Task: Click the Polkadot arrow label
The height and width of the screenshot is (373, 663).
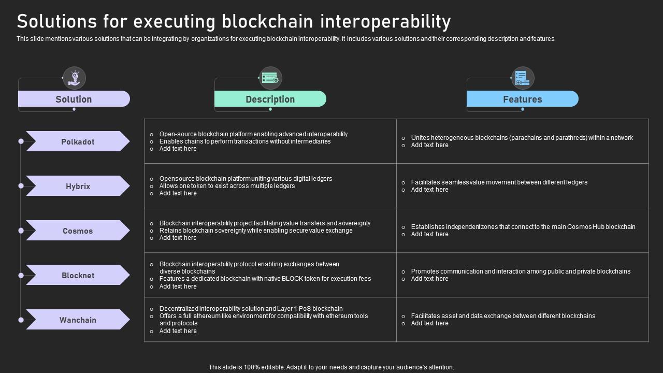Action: [x=78, y=141]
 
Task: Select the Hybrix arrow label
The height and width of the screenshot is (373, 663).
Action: [x=78, y=186]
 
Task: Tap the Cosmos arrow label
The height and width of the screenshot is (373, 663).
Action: [x=78, y=231]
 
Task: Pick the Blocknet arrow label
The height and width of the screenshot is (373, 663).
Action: [x=78, y=275]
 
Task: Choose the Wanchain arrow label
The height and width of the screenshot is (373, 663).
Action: [x=78, y=320]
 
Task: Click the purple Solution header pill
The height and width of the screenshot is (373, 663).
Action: [x=74, y=99]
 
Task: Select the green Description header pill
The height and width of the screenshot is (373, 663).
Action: [x=270, y=99]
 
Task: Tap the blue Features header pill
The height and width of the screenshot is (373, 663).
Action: [x=522, y=99]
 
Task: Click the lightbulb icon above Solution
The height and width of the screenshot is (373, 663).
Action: [x=74, y=78]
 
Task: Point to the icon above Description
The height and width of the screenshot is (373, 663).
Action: [x=270, y=78]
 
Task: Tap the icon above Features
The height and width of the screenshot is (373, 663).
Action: [x=522, y=78]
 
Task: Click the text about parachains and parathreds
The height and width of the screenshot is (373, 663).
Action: [x=522, y=138]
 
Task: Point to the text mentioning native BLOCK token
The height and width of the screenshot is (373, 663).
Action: [x=265, y=279]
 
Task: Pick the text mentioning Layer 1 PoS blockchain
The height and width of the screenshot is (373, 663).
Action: [x=251, y=309]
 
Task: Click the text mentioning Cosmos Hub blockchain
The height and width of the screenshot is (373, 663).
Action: [x=523, y=227]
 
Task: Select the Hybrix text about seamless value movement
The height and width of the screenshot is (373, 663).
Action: [x=499, y=182]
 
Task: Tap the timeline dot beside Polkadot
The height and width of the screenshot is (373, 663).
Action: [x=21, y=141]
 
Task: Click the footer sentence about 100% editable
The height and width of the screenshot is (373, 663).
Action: [x=331, y=367]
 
